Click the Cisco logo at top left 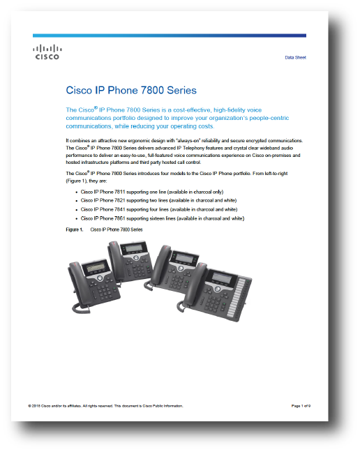pos(47,52)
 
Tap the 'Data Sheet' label pos(295,58)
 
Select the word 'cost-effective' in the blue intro pos(192,110)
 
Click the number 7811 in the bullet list pos(119,192)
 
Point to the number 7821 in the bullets pos(119,200)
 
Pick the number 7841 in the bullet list pos(119,209)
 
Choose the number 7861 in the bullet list pos(119,218)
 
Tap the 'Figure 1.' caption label pos(75,229)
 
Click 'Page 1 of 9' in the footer pos(301,406)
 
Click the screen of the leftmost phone pos(95,268)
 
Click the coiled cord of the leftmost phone pos(80,308)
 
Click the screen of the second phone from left pos(133,248)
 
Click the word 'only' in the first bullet pos(218,192)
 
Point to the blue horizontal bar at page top pos(170,36)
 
